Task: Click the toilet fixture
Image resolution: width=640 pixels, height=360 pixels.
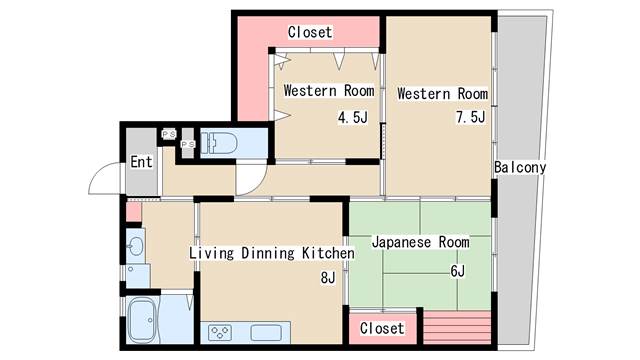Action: click(219, 143)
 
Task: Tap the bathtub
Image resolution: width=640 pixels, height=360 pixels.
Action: click(142, 320)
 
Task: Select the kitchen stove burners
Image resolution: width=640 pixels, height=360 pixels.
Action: click(220, 332)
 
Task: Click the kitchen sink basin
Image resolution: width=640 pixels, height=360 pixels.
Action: click(266, 333)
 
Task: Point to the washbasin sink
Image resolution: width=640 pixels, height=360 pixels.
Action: click(135, 247)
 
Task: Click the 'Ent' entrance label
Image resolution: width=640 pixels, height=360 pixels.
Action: click(141, 162)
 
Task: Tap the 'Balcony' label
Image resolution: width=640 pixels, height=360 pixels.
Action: click(520, 167)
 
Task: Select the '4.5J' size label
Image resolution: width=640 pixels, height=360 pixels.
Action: click(353, 118)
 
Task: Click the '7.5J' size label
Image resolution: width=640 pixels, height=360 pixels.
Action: click(471, 117)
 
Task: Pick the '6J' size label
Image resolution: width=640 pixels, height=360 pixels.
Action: click(458, 271)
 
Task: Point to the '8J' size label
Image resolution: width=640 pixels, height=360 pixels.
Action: click(328, 278)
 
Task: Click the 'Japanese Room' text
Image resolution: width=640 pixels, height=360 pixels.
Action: click(420, 242)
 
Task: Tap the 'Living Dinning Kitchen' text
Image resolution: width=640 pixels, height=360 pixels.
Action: click(272, 253)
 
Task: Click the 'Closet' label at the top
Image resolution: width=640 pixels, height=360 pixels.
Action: click(310, 32)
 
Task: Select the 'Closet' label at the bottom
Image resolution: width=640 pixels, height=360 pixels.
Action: click(382, 328)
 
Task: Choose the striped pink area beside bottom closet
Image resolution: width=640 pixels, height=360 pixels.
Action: click(457, 328)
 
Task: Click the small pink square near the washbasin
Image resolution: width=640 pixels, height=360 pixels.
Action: click(133, 211)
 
